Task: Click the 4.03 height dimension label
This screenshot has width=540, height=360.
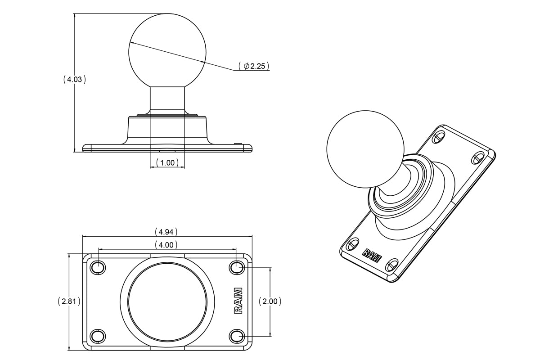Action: point(75,80)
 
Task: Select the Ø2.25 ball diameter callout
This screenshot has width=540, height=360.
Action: point(254,66)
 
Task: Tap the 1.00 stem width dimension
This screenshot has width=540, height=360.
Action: point(167,162)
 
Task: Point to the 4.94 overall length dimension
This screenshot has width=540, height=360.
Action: point(166,232)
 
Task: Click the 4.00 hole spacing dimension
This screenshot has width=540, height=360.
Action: point(166,245)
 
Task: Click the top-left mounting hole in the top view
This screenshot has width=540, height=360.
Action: point(97,267)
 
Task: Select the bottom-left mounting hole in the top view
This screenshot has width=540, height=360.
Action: point(97,336)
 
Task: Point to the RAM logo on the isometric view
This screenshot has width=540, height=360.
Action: point(372,255)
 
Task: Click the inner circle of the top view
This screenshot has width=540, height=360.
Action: point(167,301)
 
